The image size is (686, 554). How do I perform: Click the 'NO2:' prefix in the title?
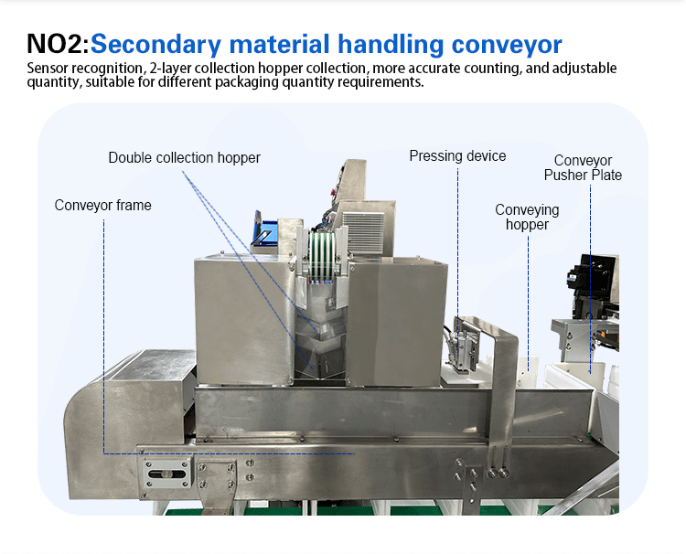click(58, 44)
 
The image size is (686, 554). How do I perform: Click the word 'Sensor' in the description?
click(48, 69)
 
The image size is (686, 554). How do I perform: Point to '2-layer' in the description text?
click(174, 69)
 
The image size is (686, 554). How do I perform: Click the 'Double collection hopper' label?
click(184, 158)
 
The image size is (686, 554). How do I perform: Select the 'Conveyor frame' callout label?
click(102, 206)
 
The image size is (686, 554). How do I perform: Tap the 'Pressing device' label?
click(457, 156)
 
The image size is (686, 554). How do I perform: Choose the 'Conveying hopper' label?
click(527, 218)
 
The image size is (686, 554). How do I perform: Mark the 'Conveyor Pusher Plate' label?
click(583, 168)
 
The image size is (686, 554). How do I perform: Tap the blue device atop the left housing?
click(266, 232)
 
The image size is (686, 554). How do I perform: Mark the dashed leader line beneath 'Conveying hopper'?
click(529, 293)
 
